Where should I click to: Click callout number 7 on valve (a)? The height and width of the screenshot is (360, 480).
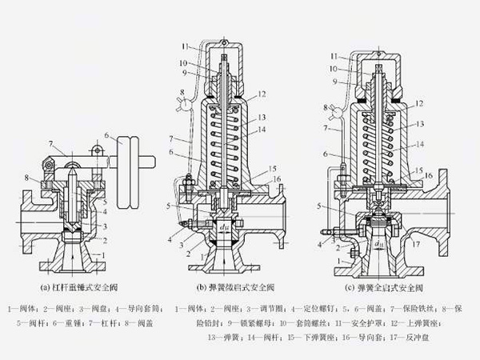[x=50, y=144]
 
